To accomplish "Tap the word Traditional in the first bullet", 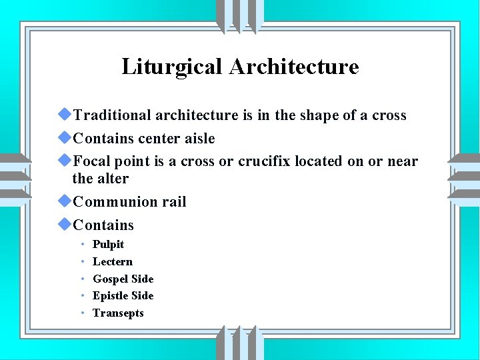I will pyautogui.click(x=112, y=115).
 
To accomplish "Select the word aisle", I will pyautogui.click(x=199, y=139).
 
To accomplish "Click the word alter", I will pyautogui.click(x=113, y=179).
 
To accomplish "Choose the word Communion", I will pyautogui.click(x=114, y=202).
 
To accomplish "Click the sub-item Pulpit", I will pyautogui.click(x=108, y=245).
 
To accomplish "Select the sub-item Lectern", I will pyautogui.click(x=112, y=262).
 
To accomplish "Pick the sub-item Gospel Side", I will pyautogui.click(x=123, y=279).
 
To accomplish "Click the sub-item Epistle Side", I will pyautogui.click(x=123, y=295).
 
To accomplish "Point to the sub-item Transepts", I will pyautogui.click(x=117, y=313).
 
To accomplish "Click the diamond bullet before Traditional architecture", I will pyautogui.click(x=65, y=115).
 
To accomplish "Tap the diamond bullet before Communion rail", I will pyautogui.click(x=65, y=201).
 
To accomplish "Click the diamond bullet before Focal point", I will pyautogui.click(x=65, y=161).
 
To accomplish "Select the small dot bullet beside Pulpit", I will pyautogui.click(x=82, y=245).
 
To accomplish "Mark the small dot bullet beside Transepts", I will pyautogui.click(x=82, y=313).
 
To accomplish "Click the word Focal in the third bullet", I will pyautogui.click(x=94, y=161).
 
